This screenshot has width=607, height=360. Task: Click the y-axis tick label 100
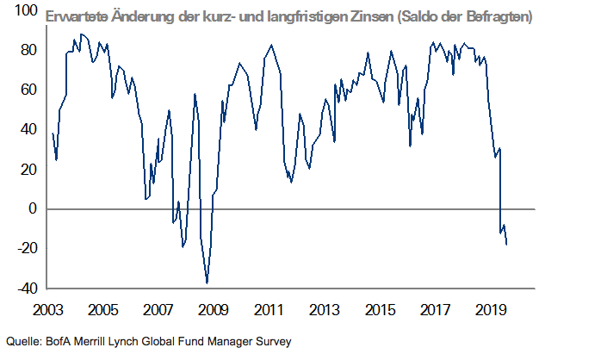(x=23, y=11)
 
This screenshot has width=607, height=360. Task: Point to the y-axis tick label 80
(x=27, y=50)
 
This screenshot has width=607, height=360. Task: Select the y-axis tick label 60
(x=27, y=90)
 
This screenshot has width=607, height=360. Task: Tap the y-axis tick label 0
(x=31, y=208)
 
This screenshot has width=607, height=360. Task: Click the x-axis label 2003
(x=47, y=308)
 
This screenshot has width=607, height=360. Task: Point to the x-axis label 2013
(x=323, y=308)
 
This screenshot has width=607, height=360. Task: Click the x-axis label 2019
(x=489, y=308)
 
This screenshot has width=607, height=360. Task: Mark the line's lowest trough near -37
(x=207, y=282)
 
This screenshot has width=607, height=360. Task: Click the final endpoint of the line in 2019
(x=506, y=245)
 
